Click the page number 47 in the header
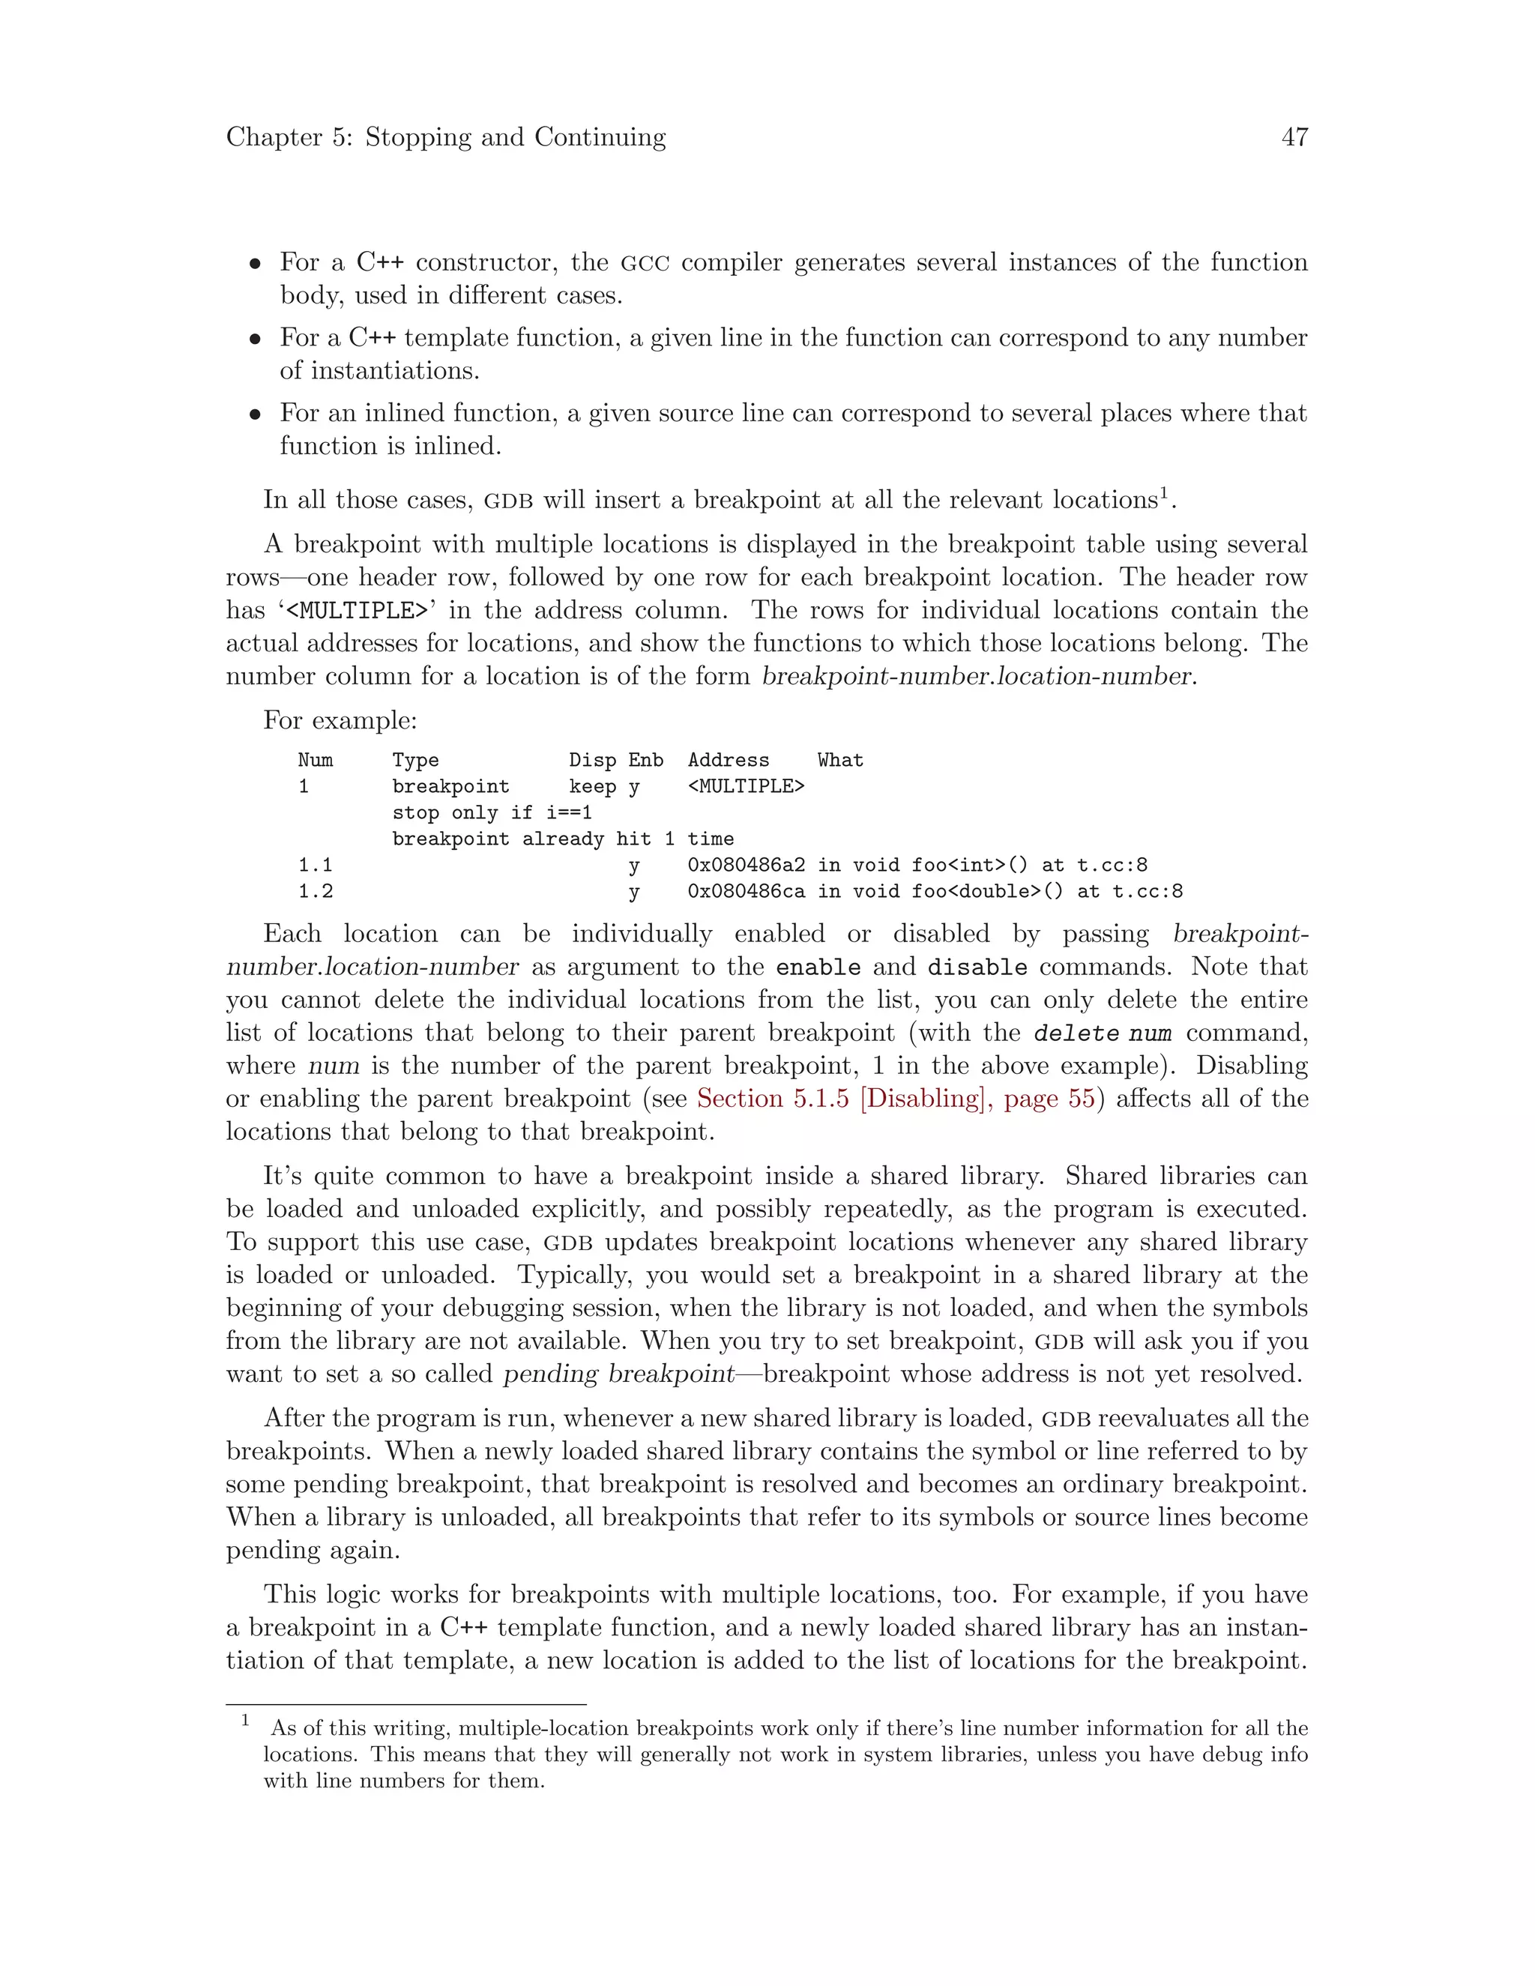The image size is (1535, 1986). pos(1294,137)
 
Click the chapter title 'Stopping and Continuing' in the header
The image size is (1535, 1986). pos(515,137)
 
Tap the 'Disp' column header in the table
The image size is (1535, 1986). pos(592,760)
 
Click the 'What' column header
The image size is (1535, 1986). pos(839,760)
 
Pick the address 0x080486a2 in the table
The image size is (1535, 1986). pos(746,865)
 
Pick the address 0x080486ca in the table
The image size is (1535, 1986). pos(746,891)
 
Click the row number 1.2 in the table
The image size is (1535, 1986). pos(316,891)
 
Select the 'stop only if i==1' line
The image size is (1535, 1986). pos(492,812)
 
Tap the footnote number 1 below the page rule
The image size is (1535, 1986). pos(244,1719)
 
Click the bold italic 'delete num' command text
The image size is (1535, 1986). pos(1102,1033)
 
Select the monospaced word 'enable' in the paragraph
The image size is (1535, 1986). pos(818,968)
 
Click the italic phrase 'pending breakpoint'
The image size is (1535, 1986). pos(618,1374)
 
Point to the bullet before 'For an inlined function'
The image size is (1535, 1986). pos(256,414)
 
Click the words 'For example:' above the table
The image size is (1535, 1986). pos(340,720)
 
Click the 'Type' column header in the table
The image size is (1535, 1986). pos(415,760)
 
